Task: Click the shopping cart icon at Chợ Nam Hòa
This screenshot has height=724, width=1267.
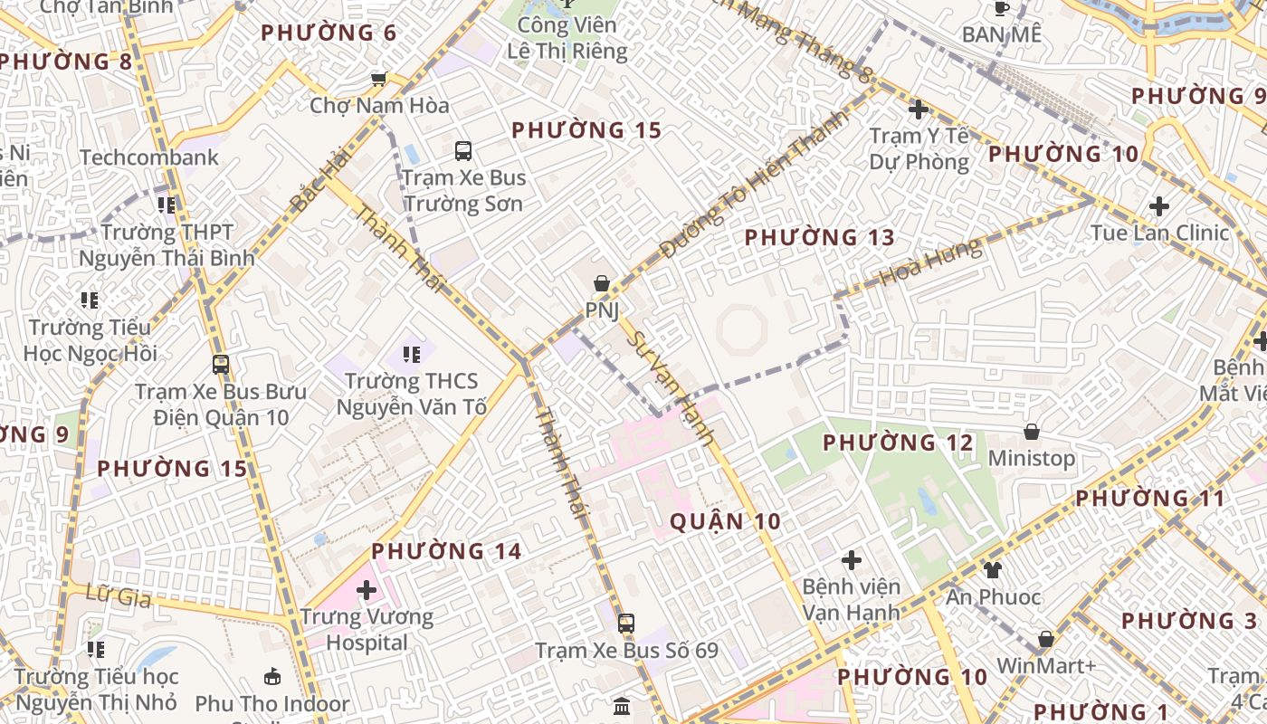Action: [379, 79]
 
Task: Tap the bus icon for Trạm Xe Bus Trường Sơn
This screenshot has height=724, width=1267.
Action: [463, 151]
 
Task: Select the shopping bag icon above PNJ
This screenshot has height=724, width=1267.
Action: [601, 284]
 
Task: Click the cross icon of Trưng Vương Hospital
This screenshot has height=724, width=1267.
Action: [367, 591]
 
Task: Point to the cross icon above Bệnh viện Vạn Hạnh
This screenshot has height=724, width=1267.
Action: [851, 560]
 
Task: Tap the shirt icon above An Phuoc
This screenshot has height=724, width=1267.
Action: [993, 570]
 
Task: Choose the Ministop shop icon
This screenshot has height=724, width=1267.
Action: [1031, 432]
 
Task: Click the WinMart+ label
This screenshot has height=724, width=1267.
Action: [1046, 665]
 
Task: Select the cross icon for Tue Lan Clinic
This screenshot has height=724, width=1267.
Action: [1159, 206]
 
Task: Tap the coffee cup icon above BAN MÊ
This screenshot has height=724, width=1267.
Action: [1001, 8]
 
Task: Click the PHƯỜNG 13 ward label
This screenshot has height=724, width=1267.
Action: [819, 238]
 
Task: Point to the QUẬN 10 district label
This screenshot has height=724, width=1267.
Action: [725, 521]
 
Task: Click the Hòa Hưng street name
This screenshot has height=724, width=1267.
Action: [930, 262]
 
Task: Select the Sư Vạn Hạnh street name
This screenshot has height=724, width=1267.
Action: [671, 388]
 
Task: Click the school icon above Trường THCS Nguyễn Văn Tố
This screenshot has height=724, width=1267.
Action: [412, 354]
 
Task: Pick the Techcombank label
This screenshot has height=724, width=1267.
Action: [149, 157]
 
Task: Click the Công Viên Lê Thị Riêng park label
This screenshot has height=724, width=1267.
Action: [567, 38]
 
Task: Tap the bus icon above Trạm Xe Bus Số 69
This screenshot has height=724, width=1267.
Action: [626, 623]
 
